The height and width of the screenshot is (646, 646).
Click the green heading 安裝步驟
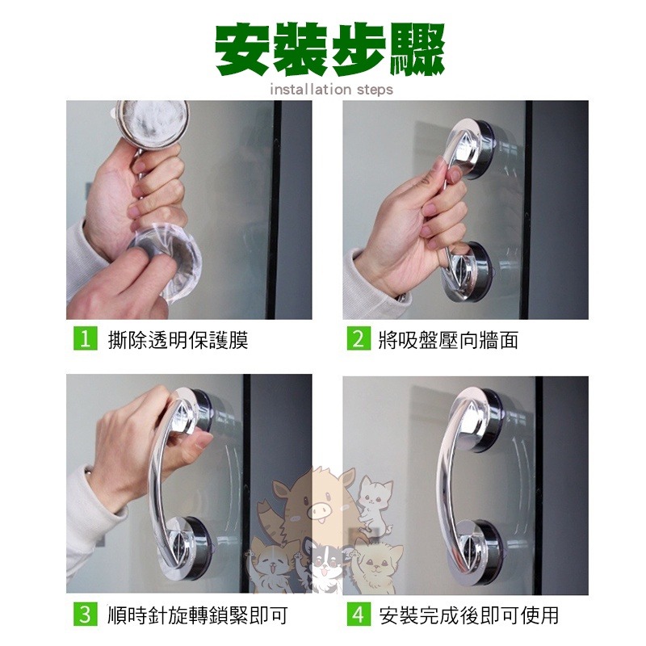pos(329,49)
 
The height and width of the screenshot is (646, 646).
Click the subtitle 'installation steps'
pos(332,90)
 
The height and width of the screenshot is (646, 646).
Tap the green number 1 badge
pos(86,338)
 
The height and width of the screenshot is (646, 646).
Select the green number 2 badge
pos(359,338)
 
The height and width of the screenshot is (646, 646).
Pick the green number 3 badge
pos(86,615)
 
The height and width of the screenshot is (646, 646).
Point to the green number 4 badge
pos(359,615)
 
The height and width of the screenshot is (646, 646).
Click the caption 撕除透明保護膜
pos(178,340)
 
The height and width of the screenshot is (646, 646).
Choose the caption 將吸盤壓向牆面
pos(448,340)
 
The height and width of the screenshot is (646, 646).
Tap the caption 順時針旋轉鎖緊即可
pos(197,615)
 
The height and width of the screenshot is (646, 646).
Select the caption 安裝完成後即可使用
pos(469,615)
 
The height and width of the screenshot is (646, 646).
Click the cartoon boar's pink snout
pos(319,512)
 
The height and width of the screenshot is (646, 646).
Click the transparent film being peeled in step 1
pos(173,264)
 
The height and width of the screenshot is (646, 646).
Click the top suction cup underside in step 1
pos(152,122)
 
